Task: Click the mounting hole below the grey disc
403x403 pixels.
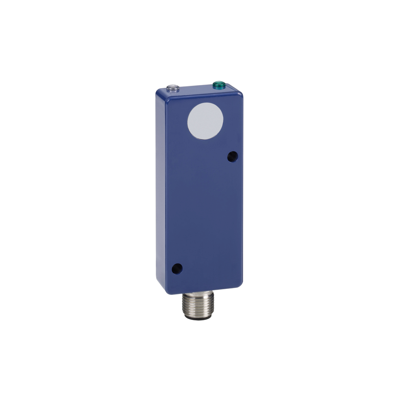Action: click(232, 157)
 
